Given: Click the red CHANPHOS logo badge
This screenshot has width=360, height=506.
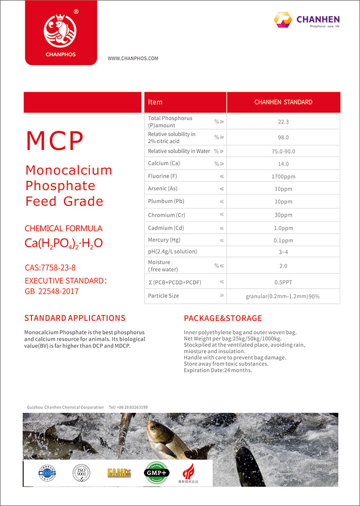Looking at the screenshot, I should pos(60,33).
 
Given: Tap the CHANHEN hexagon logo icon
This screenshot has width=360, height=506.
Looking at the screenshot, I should pos(283,20).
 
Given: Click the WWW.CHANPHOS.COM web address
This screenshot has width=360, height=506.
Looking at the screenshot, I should pos(133,59).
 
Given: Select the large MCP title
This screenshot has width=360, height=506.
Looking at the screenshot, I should pos(54,141).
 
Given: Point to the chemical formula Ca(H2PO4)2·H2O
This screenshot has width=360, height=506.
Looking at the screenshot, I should pos(63,244).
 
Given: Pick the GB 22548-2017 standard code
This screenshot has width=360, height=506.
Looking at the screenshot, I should pos(52,291).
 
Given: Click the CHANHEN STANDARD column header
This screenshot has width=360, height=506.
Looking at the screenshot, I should pos(283,102).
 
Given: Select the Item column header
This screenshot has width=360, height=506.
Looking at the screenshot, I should pos(155,102).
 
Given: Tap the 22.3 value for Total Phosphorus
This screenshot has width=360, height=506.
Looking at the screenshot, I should pos(283,122).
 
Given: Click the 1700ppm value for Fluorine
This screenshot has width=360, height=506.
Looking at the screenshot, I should pos(283,176).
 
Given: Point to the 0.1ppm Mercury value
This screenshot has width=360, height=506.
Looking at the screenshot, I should pos(283,240).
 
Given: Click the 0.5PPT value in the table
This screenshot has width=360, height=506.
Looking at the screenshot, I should pos(283,282).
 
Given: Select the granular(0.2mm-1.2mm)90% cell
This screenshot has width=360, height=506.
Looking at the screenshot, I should pos(283,296).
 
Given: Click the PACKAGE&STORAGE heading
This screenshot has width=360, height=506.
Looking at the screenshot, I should pos(223,318).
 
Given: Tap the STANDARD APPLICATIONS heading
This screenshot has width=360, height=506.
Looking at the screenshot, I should pos(75,318).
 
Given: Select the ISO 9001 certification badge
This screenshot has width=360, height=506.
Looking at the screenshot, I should pos(81,473).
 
